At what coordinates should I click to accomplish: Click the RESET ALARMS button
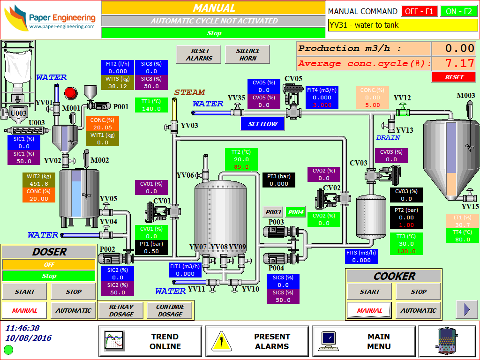pos(199,54)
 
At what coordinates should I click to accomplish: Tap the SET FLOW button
pos(262,124)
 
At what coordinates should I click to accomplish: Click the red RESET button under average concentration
pos(454,77)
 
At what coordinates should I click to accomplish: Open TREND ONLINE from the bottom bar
pos(150,342)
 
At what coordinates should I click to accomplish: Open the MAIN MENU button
pos(364,342)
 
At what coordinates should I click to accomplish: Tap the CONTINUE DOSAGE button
pos(170,310)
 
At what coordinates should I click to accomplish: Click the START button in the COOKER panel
pos(370,292)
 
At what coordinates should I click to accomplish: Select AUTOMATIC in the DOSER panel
pos(73,310)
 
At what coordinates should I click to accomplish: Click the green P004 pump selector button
pos(295,212)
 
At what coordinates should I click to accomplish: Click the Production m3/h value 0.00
pos(453,48)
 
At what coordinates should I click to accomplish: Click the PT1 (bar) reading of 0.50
pos(151,251)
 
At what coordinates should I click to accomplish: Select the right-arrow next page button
pos(467,309)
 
